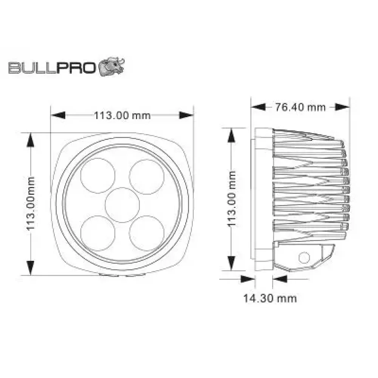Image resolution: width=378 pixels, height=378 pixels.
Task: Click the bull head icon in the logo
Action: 112,67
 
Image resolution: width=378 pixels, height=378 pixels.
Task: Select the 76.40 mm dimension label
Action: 300,107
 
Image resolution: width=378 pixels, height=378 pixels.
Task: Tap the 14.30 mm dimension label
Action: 270,299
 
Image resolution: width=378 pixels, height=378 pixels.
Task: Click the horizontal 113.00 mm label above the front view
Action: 122,115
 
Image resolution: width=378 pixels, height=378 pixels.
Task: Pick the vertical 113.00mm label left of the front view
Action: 31,203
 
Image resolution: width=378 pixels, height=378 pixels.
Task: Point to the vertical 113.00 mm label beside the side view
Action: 231,199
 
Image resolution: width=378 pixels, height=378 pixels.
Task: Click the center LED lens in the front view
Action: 122,205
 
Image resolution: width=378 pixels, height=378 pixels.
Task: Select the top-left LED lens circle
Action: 98,175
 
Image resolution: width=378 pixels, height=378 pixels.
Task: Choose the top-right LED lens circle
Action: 147,177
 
